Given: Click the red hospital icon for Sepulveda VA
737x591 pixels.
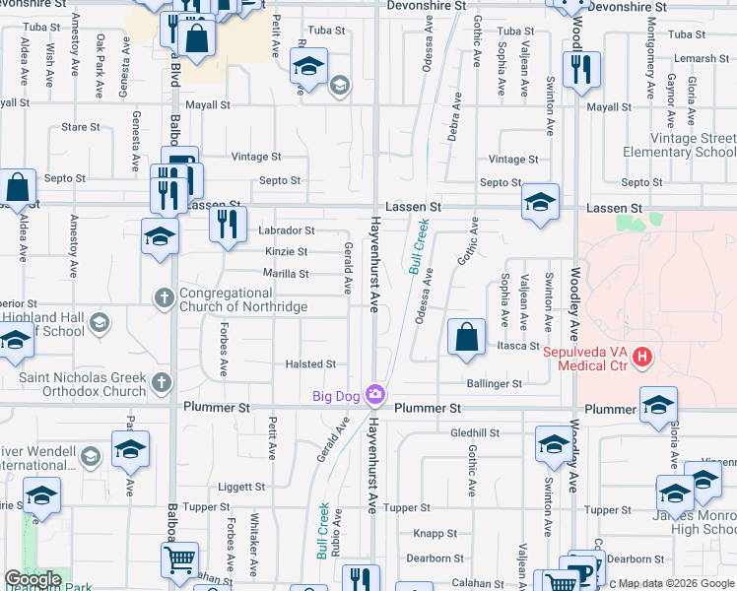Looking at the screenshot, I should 641,356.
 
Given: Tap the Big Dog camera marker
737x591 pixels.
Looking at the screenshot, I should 374,395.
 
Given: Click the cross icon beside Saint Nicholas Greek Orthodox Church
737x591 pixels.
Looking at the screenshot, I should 162,381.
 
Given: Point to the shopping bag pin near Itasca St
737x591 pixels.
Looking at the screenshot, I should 466,337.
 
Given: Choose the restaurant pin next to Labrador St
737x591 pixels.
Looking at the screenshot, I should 228,224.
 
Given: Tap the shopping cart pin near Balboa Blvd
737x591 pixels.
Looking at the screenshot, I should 180,559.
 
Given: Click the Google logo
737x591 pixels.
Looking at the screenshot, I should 33,579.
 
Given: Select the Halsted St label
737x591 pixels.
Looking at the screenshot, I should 310,364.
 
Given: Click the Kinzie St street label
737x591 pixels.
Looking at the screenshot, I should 287,252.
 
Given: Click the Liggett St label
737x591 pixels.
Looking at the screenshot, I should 241,487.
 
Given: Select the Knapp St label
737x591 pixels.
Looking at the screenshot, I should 434,533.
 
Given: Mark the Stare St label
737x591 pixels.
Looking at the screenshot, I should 81,127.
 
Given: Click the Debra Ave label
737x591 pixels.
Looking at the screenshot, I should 455,117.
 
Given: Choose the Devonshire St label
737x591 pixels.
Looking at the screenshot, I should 427,6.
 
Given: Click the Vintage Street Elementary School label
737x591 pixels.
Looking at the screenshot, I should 679,146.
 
